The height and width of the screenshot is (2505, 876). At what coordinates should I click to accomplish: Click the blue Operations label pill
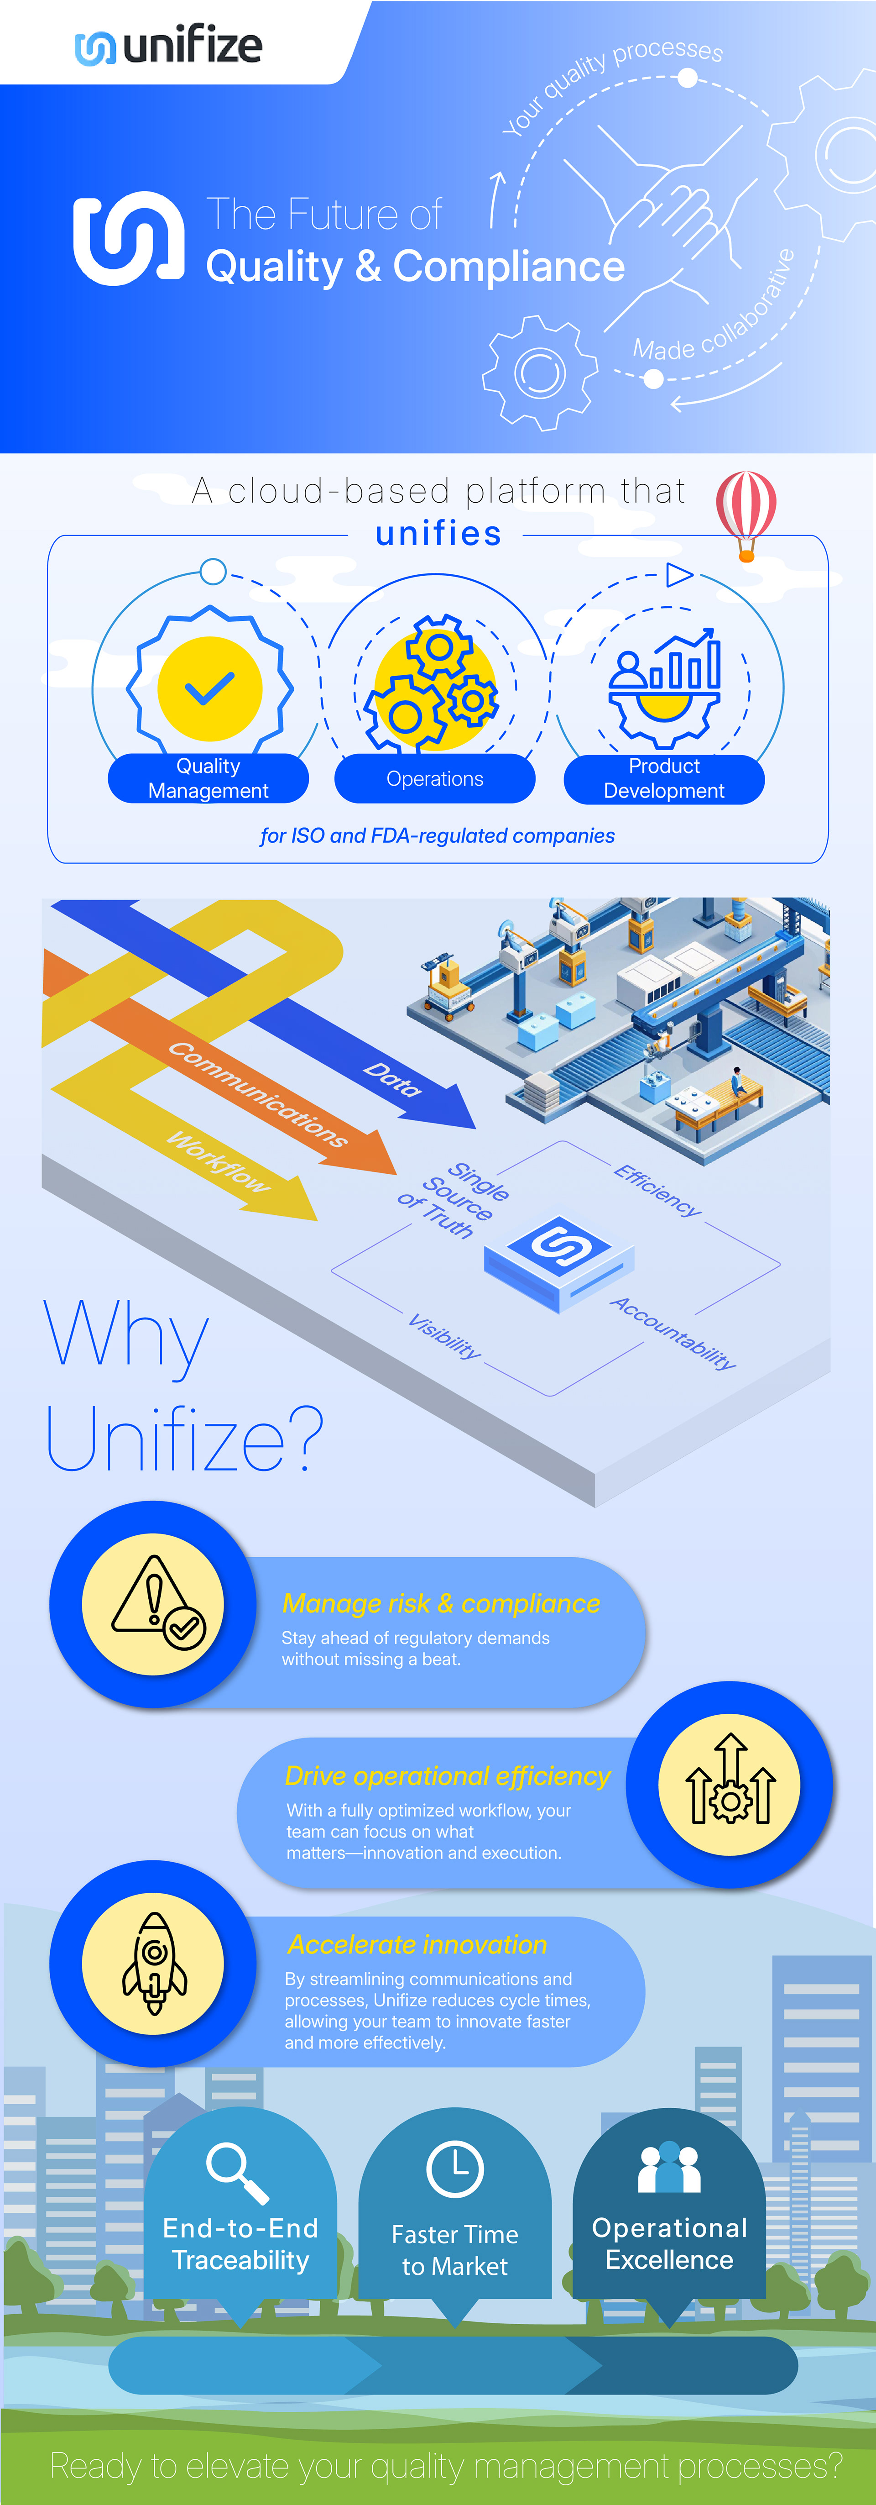[435, 779]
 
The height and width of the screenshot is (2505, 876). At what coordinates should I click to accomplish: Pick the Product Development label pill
[664, 779]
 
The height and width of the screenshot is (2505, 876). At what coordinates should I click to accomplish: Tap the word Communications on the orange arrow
[258, 1094]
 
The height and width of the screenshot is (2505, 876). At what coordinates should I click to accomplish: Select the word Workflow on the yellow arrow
[219, 1161]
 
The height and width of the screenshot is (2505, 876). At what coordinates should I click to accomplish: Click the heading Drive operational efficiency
[447, 1777]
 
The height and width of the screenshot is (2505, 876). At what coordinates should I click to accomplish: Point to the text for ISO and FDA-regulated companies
[438, 835]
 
